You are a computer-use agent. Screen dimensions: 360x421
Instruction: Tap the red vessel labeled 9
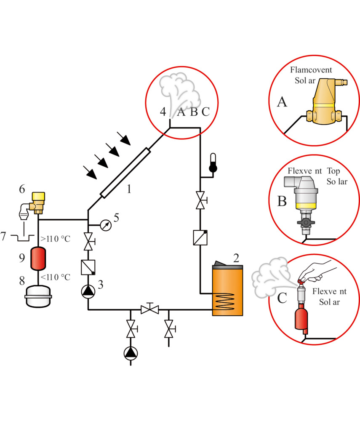click(38, 258)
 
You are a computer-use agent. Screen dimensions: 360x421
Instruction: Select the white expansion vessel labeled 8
click(38, 297)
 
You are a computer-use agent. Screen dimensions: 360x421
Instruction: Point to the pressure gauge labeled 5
click(106, 225)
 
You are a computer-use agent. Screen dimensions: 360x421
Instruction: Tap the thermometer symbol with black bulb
click(213, 163)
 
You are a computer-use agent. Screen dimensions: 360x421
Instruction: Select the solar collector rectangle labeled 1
click(125, 173)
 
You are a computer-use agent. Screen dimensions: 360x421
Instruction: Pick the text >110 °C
click(55, 239)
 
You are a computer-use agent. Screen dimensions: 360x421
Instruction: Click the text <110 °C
click(55, 277)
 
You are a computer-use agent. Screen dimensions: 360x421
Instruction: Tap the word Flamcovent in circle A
click(311, 70)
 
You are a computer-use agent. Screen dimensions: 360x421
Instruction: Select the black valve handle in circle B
click(306, 223)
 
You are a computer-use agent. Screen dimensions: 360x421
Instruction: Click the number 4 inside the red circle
click(163, 112)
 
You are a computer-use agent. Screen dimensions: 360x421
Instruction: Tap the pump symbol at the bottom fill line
click(131, 353)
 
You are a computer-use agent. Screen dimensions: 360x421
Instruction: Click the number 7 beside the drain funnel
click(3, 236)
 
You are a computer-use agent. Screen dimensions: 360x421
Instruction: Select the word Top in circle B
click(333, 171)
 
